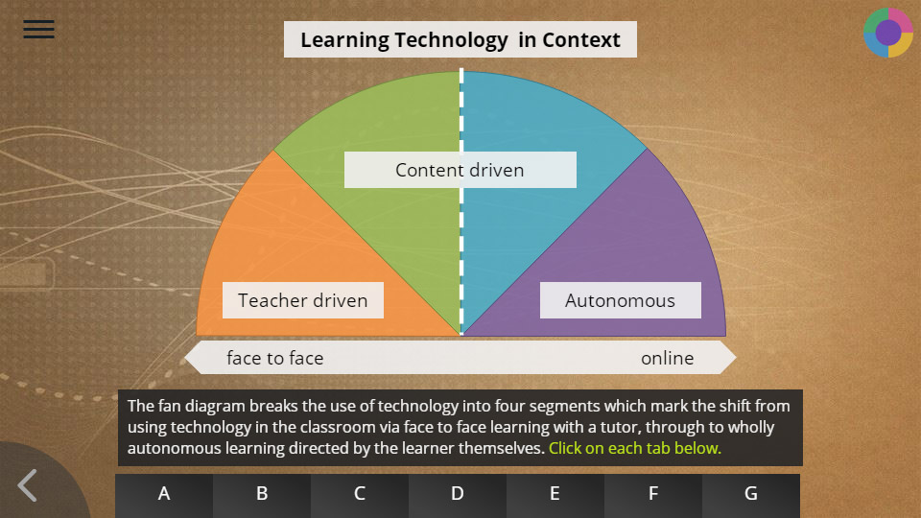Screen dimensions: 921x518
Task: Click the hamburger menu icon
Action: (x=38, y=29)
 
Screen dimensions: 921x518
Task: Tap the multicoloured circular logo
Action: (x=888, y=33)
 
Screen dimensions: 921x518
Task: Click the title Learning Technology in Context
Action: (x=460, y=39)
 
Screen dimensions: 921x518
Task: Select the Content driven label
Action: (x=460, y=170)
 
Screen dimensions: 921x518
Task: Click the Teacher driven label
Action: (x=302, y=300)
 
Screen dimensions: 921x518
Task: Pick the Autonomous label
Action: (x=621, y=300)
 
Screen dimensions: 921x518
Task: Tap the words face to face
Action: (x=275, y=358)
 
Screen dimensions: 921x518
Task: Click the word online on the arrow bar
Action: (x=668, y=358)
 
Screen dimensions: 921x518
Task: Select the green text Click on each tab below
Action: (x=634, y=448)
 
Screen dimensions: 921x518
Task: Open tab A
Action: (x=164, y=493)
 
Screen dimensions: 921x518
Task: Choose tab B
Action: (x=262, y=493)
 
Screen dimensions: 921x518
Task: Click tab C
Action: (x=360, y=493)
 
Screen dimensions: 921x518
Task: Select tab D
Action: (x=458, y=493)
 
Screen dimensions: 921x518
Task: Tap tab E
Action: (x=555, y=493)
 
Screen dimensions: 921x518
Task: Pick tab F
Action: (x=653, y=493)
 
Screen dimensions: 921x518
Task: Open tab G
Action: (x=750, y=493)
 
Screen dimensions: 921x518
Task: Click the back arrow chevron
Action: (x=27, y=485)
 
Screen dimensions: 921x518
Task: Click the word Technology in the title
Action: (x=451, y=40)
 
